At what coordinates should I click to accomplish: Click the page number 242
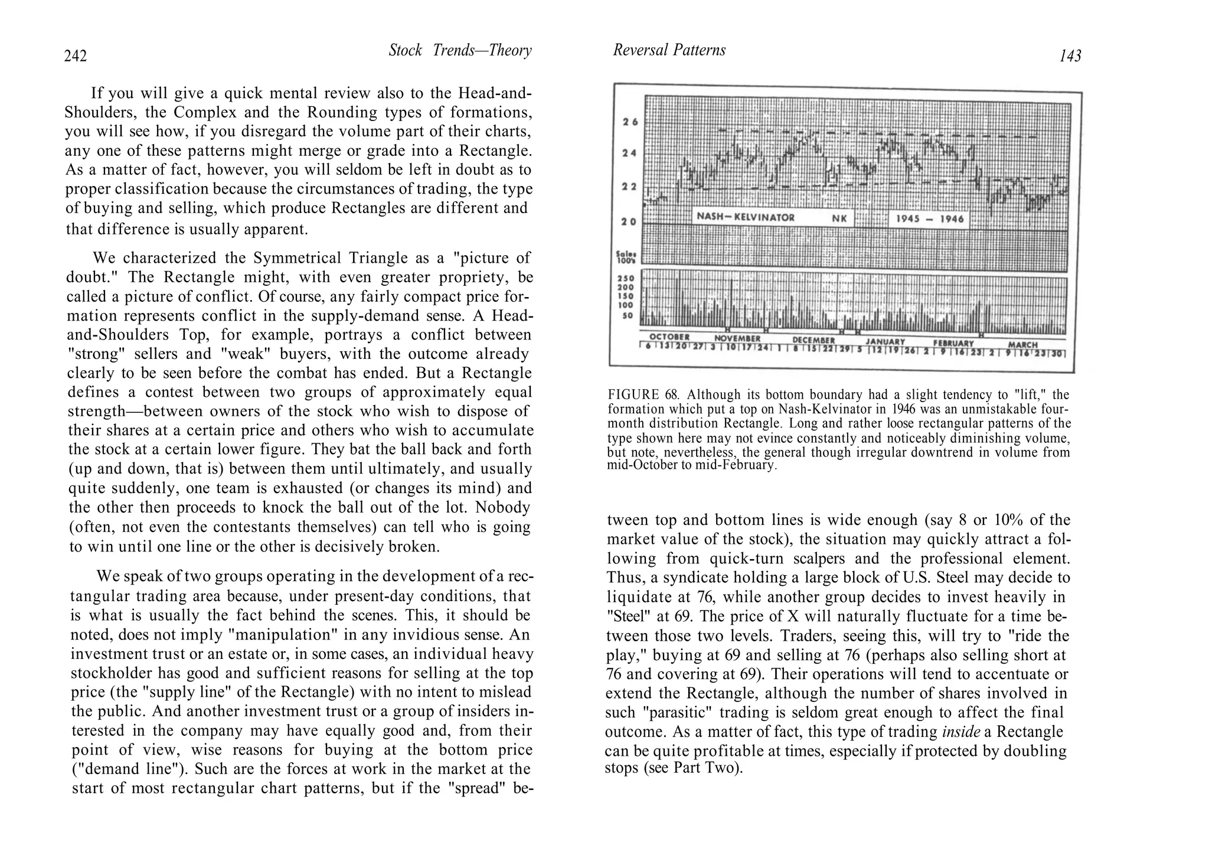click(x=76, y=56)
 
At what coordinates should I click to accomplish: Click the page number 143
click(x=1070, y=56)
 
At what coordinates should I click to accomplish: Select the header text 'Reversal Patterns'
click(x=669, y=50)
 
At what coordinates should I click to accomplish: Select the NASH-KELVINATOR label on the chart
click(x=746, y=217)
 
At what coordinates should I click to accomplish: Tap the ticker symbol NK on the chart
click(x=839, y=218)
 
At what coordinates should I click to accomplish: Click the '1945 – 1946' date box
click(x=930, y=219)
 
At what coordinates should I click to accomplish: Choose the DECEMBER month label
click(x=813, y=341)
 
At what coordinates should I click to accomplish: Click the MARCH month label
click(x=1022, y=345)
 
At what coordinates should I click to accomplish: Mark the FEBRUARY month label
click(x=953, y=343)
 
